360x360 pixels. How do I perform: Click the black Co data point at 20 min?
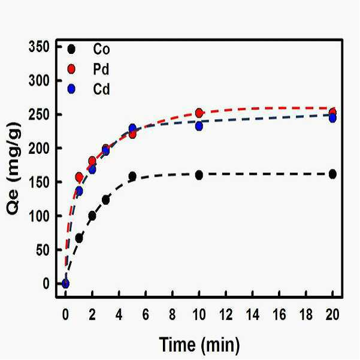332,174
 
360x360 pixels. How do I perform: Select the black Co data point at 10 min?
199,175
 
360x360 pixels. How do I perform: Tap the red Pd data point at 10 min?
199,113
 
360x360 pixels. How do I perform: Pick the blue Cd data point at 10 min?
199,126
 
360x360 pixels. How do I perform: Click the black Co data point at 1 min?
79,238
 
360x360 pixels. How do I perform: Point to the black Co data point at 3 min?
105,199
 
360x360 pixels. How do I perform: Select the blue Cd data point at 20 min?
332,118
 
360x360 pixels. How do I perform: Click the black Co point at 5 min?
132,176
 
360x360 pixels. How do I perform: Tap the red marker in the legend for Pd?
71,69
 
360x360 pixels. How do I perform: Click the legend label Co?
101,49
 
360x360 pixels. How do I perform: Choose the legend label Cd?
101,89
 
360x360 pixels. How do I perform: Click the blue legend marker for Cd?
71,89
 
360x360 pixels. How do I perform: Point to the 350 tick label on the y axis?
39,47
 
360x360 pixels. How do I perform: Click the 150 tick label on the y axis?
39,182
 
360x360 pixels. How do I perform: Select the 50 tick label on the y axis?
43,250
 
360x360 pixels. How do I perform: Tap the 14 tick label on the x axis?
253,314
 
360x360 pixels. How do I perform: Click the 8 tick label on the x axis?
173,314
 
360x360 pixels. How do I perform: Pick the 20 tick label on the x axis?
332,314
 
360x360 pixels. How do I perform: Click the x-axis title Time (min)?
199,345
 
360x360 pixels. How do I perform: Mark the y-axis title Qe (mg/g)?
14,169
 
